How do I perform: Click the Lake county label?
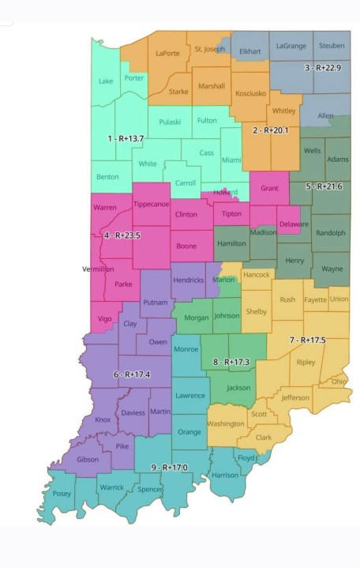[x=106, y=81]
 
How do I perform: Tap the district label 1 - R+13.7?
[x=125, y=139]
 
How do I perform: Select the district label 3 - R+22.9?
[x=323, y=68]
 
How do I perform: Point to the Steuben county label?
[x=332, y=46]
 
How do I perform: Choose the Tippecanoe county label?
[x=151, y=204]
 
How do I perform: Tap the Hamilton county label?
[x=232, y=244]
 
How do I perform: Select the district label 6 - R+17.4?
[x=133, y=374]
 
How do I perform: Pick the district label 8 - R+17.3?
[x=231, y=363]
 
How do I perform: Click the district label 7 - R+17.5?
[x=307, y=340]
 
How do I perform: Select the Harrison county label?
[x=225, y=476]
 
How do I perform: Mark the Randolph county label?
[x=330, y=233]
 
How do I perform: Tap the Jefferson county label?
[x=295, y=397]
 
